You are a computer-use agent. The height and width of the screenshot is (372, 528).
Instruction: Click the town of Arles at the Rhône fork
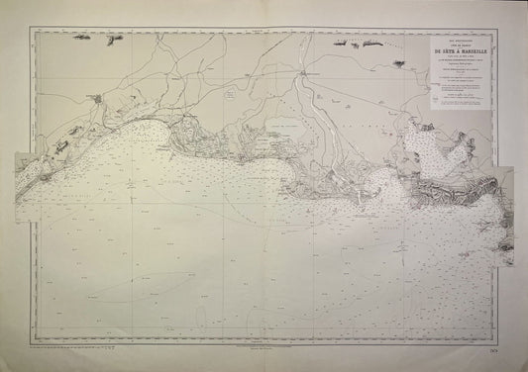click(306, 71)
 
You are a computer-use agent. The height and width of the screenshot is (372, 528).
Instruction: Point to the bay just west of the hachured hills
click(386, 183)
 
